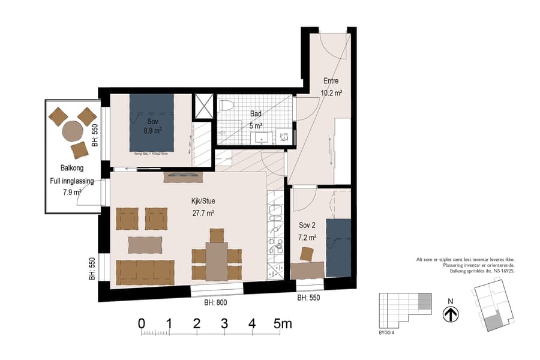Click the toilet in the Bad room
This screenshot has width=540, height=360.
(x=226, y=107)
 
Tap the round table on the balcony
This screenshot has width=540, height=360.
(x=71, y=130)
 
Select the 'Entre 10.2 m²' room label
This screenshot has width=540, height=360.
(x=332, y=87)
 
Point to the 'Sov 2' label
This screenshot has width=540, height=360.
(x=307, y=226)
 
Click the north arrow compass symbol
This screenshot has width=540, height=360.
(x=451, y=314)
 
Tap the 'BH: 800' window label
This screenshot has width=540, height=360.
(x=215, y=303)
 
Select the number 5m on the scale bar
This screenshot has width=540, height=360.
(x=283, y=324)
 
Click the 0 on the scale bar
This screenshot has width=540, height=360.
(x=142, y=324)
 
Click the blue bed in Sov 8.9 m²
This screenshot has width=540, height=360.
(x=152, y=122)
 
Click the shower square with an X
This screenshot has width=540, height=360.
(x=203, y=106)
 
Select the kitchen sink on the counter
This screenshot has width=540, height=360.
(x=276, y=212)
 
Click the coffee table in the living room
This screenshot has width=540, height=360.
(x=145, y=245)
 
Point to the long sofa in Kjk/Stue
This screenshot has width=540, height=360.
(x=145, y=272)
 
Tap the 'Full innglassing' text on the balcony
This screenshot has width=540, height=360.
(x=72, y=181)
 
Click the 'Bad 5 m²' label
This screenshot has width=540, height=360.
(x=256, y=120)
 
